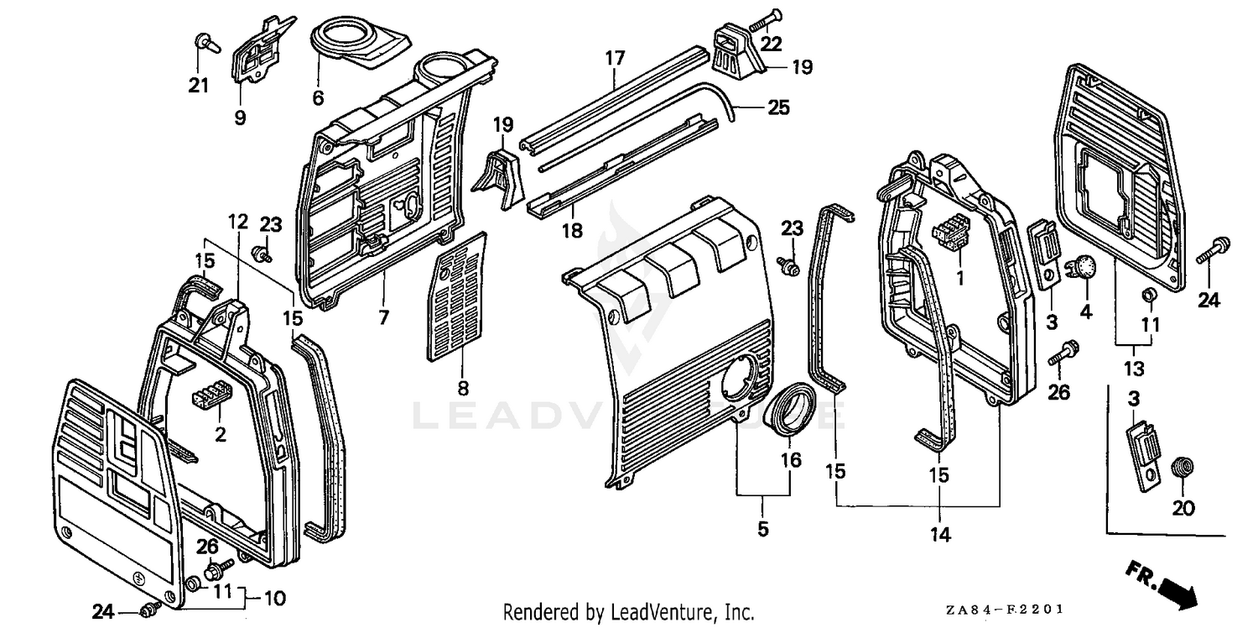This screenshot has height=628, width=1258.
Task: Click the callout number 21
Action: point(198,85)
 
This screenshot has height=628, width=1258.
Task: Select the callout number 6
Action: point(318,97)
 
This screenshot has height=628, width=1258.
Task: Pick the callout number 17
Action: point(615,58)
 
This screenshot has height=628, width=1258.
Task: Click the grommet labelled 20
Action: point(1181,466)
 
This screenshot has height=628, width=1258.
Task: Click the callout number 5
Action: point(762,529)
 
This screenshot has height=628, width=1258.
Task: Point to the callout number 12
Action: point(238,222)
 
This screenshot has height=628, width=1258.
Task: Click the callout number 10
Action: point(274,599)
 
